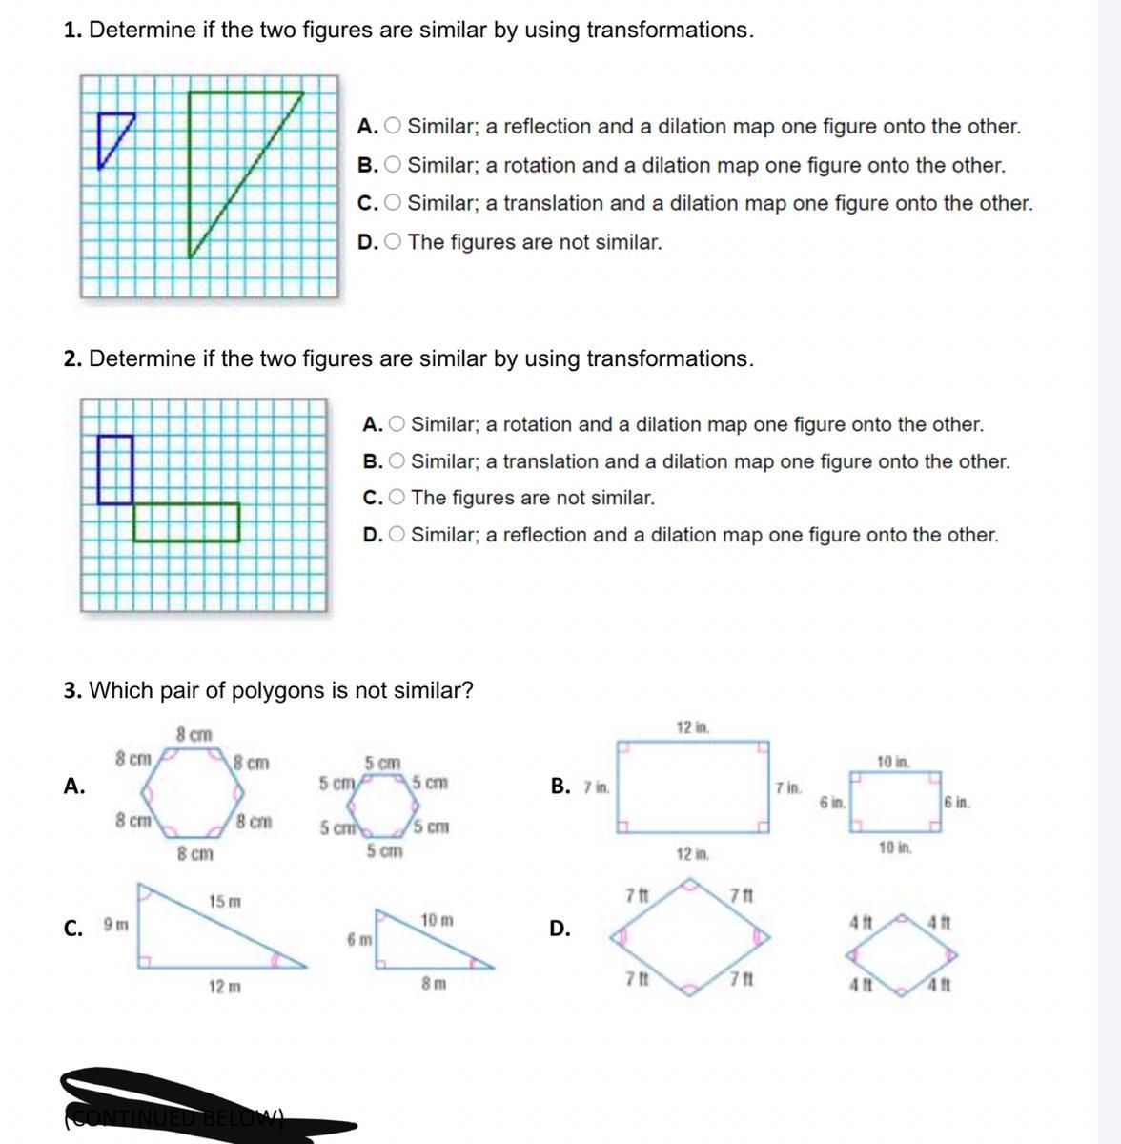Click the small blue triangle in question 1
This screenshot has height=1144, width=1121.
pos(112,133)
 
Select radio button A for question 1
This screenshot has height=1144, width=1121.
pos(393,127)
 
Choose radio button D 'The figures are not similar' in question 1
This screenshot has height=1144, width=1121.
pos(393,242)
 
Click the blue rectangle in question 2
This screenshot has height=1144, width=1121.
pos(115,468)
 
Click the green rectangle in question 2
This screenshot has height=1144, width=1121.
pos(186,521)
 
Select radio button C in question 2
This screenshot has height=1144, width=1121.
pos(397,498)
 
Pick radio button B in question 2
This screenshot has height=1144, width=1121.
pos(397,461)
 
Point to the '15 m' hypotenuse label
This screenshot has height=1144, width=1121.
pos(225,901)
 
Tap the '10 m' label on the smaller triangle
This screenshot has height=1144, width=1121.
pos(437,920)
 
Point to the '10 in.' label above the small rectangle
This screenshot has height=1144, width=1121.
pos(893,762)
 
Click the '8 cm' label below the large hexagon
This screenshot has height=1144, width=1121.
pos(195,854)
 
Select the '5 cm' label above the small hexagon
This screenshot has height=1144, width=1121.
pos(383,763)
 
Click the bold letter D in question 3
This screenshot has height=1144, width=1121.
pos(560,928)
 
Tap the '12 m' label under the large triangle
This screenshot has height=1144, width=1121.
pos(224,987)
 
